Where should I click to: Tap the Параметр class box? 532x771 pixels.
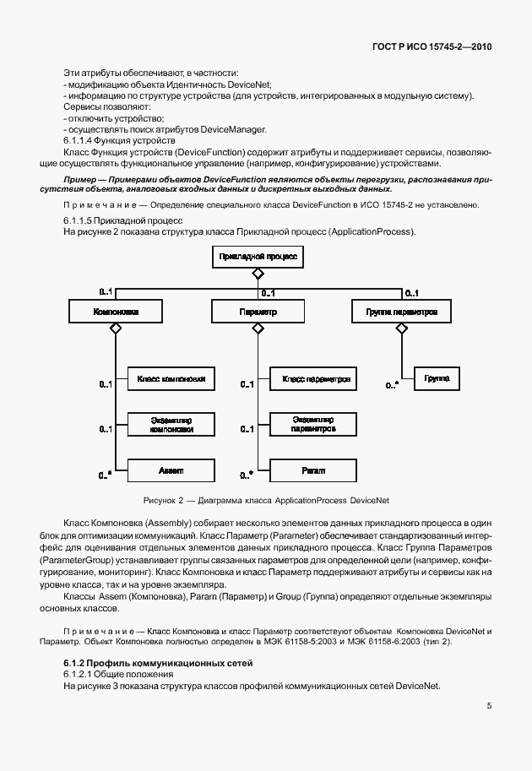coord(258,312)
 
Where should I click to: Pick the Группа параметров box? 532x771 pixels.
coord(401,312)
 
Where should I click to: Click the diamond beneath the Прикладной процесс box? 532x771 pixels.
coord(258,273)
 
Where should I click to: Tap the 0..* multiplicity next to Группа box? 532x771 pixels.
coord(392,385)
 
